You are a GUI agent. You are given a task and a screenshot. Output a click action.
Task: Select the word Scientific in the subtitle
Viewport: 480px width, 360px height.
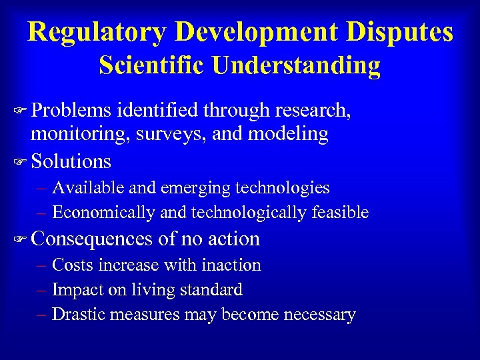pos(151,65)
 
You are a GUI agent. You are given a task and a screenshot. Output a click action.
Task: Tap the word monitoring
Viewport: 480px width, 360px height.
pos(80,135)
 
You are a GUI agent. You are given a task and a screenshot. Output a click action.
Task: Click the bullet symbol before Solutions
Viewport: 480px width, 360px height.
pos(20,162)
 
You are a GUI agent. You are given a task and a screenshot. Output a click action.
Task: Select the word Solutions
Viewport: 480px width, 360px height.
pos(71,161)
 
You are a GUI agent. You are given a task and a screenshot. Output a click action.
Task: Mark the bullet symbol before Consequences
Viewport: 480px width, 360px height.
pos(20,239)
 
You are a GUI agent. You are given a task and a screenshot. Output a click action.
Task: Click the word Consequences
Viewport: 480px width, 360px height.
pos(93,239)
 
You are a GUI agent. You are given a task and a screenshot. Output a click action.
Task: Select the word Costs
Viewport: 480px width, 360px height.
pos(73,265)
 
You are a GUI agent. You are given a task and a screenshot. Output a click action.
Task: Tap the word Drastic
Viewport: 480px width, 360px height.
pos(77,315)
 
